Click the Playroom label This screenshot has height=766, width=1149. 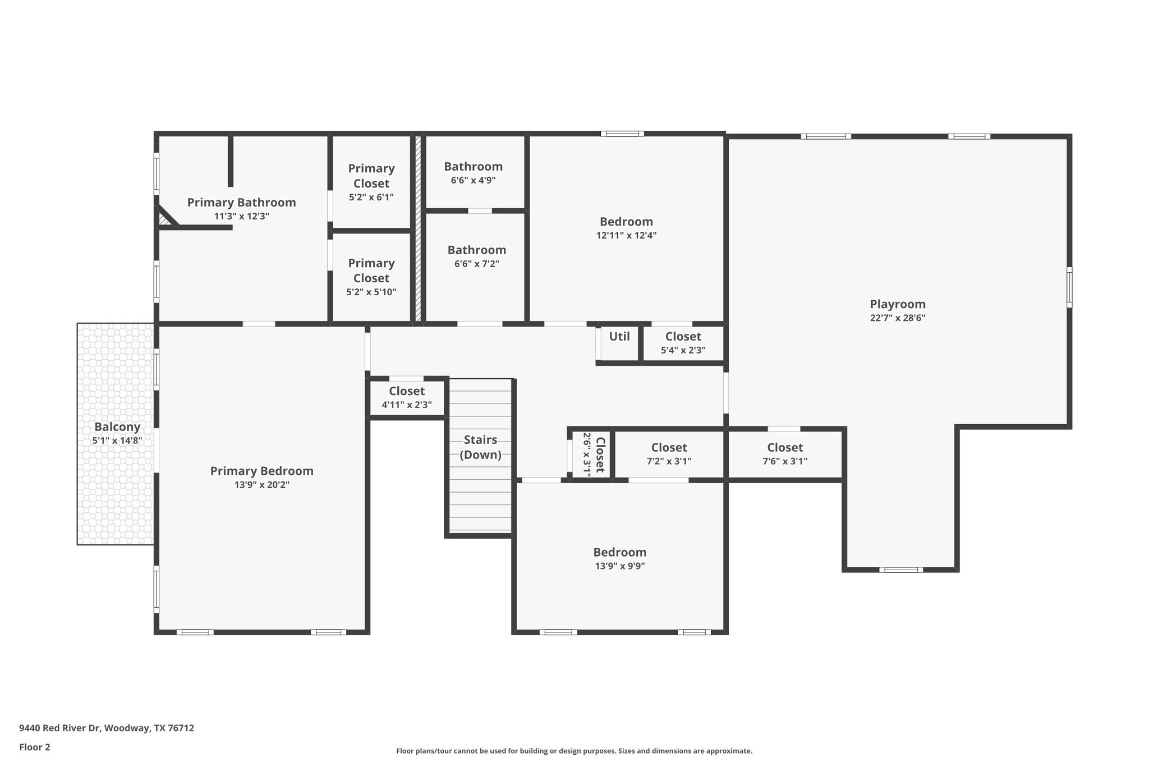[x=897, y=304]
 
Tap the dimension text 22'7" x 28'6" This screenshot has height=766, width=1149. [x=897, y=318]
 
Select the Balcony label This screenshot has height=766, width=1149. [x=117, y=426]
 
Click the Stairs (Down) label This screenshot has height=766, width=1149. [x=480, y=447]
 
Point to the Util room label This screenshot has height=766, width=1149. [x=619, y=336]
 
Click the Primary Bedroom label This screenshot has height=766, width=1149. [x=261, y=471]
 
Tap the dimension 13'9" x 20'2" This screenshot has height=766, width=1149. [x=261, y=485]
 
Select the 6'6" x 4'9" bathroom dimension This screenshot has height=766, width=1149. [x=473, y=181]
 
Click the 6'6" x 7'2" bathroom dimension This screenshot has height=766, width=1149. [x=476, y=264]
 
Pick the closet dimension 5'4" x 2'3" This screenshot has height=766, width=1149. [x=683, y=350]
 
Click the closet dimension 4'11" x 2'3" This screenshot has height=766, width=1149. [x=407, y=405]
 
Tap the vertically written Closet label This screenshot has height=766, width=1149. [x=600, y=455]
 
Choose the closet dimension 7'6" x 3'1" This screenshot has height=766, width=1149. [x=785, y=461]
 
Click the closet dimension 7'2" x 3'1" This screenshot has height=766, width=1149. [x=669, y=461]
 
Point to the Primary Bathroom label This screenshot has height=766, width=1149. [x=241, y=203]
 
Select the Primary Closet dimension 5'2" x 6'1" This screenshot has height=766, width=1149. [x=371, y=198]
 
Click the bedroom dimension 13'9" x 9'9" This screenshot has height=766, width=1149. [x=619, y=566]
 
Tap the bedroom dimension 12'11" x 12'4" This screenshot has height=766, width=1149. [x=626, y=236]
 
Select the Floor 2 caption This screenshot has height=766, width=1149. [x=35, y=747]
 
